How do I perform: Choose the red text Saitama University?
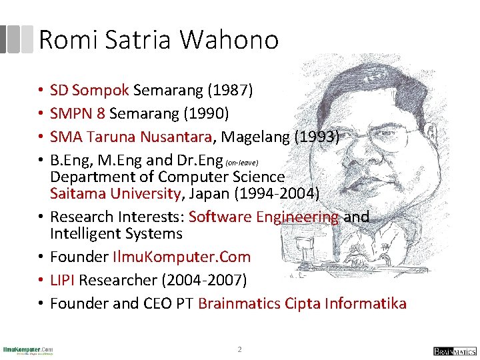click(x=114, y=194)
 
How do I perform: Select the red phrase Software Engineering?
click(x=264, y=217)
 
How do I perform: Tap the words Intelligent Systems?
click(x=116, y=233)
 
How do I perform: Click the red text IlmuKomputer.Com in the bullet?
click(x=181, y=257)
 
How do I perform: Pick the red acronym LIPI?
click(x=64, y=280)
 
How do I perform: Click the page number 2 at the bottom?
click(x=240, y=349)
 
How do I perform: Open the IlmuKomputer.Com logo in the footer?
click(x=28, y=350)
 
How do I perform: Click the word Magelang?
click(x=253, y=137)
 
